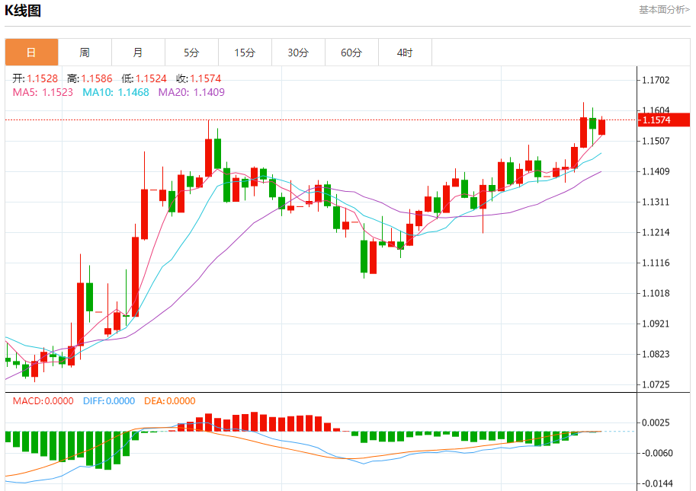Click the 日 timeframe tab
[31, 53]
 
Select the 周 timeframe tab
[85, 53]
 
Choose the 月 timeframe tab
[138, 53]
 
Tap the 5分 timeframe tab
[191, 53]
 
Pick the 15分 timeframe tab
[245, 53]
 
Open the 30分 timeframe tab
[298, 53]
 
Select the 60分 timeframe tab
[351, 53]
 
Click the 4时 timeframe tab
[405, 53]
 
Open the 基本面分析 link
[664, 10]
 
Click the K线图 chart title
[24, 11]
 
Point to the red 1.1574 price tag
[666, 120]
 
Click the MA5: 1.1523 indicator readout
[43, 92]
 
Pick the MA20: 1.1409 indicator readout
[191, 92]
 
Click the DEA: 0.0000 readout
[170, 401]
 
